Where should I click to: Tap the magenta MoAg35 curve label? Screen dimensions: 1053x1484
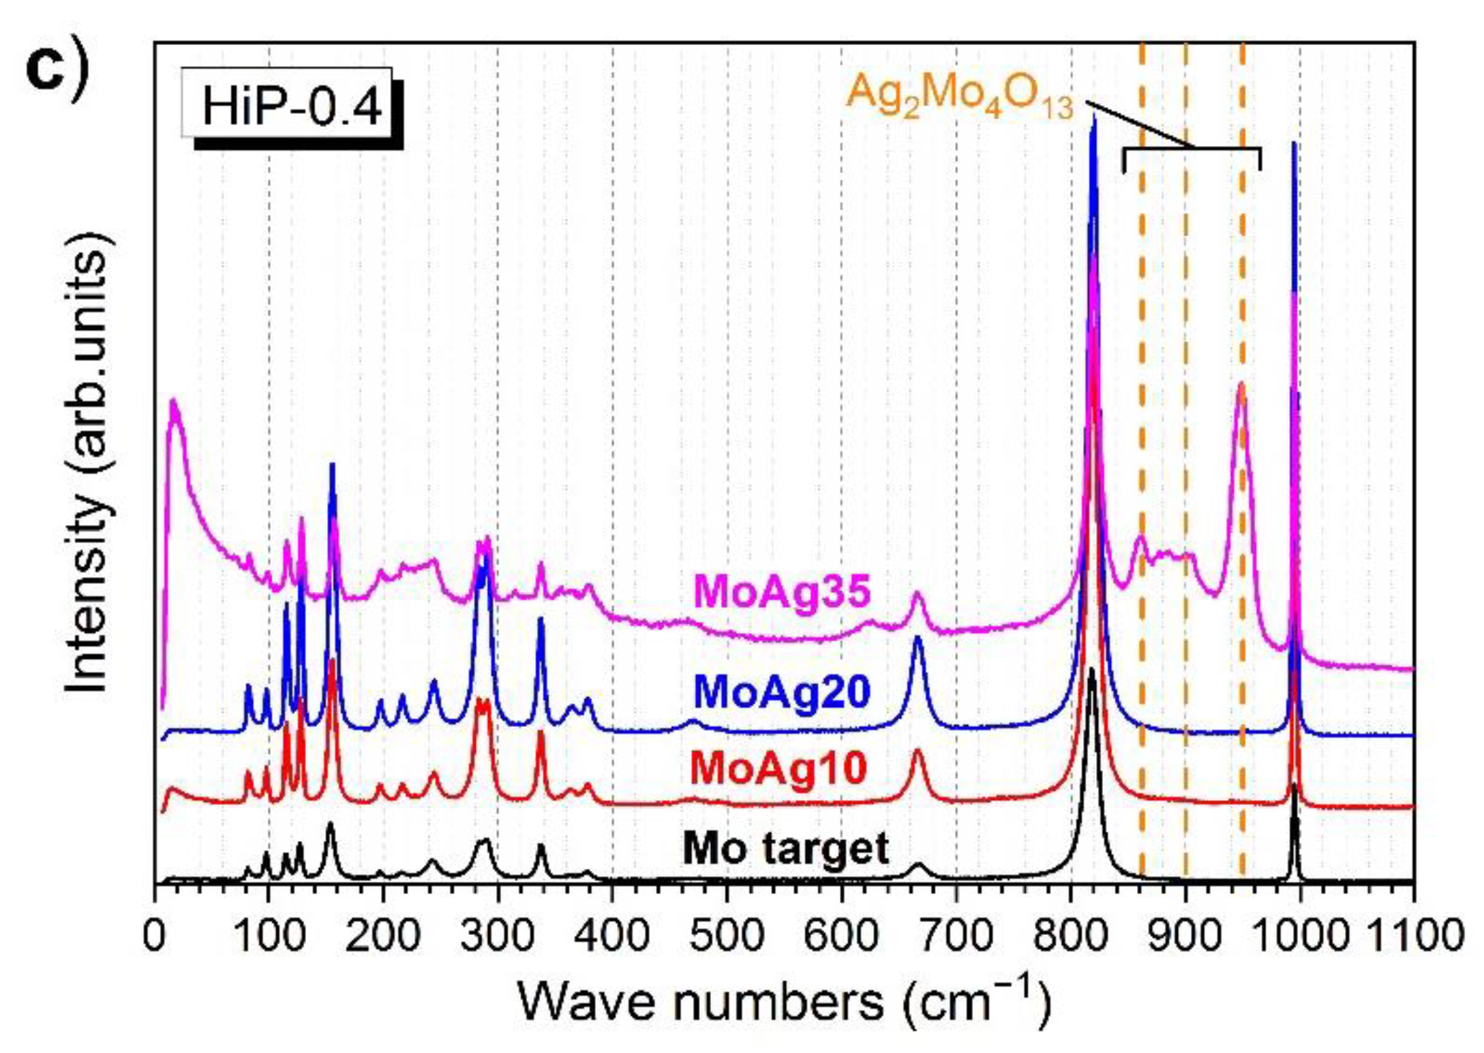(782, 591)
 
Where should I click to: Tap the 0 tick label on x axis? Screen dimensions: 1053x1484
(155, 935)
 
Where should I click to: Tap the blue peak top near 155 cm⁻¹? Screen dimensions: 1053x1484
(333, 464)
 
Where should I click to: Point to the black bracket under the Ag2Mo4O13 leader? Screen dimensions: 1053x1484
(1192, 149)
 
